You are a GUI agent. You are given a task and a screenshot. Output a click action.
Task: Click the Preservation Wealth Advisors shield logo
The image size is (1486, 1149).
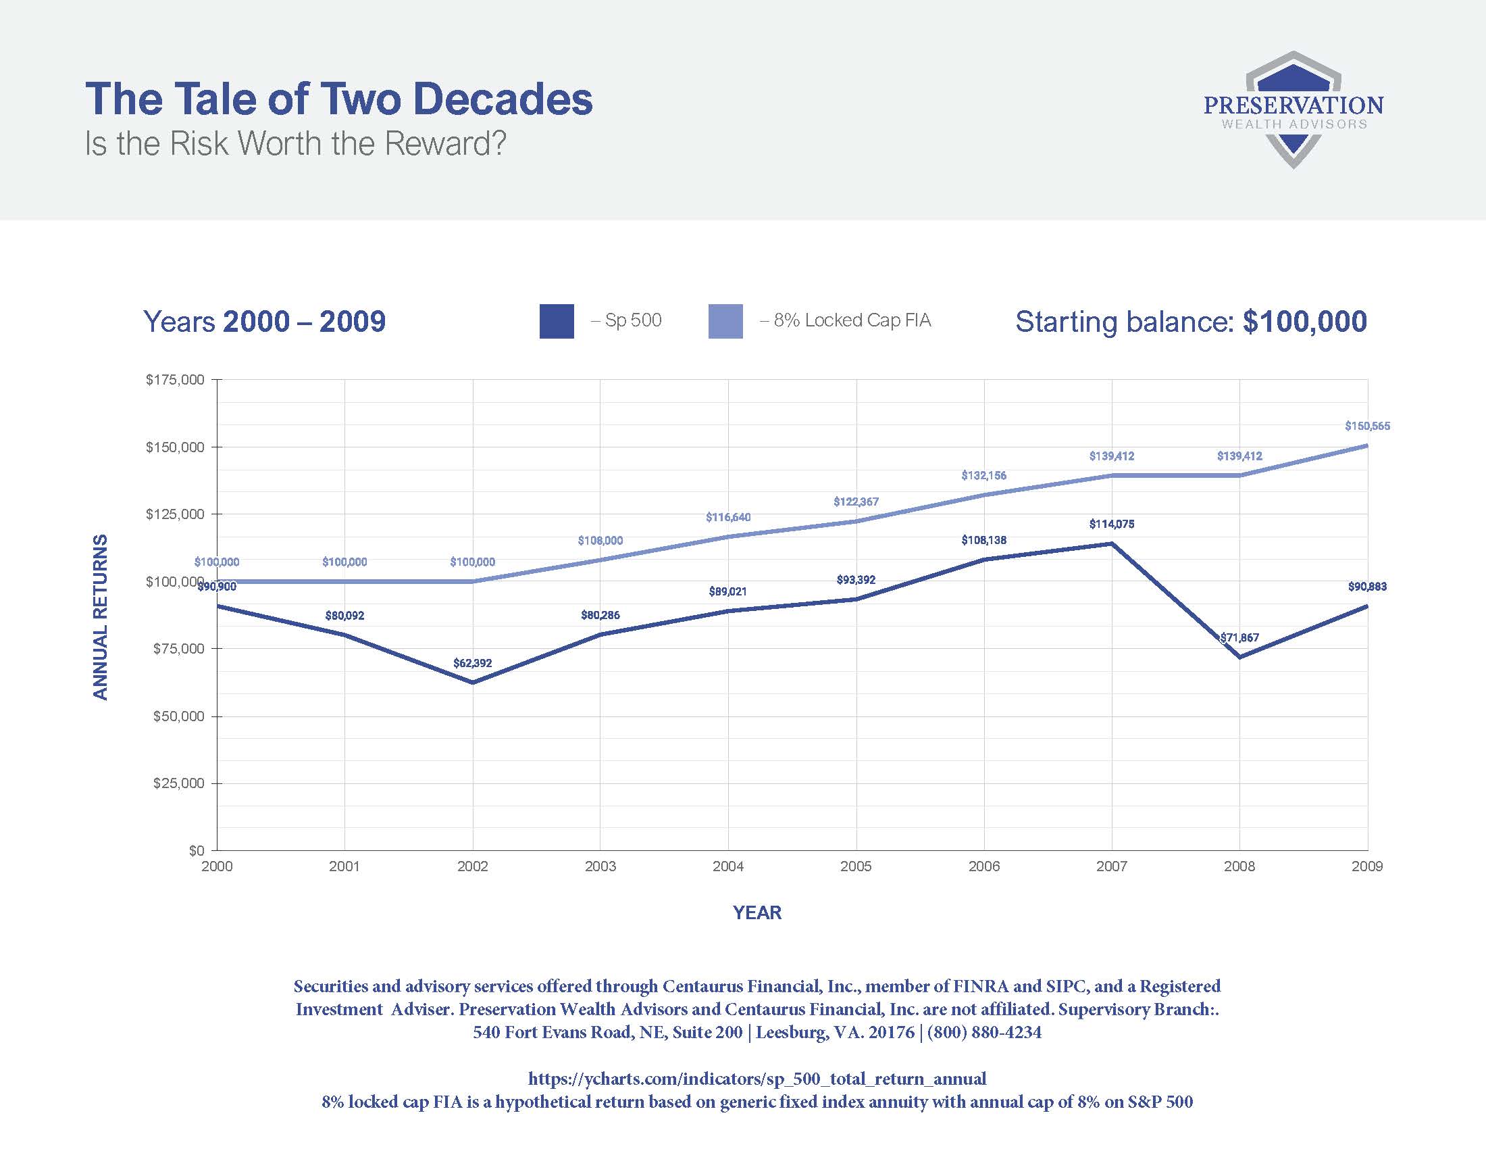click(x=1293, y=109)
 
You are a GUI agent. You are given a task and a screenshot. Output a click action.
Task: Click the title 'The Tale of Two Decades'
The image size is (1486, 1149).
click(x=339, y=99)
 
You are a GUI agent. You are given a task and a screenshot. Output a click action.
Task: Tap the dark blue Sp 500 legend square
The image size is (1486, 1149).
click(x=556, y=321)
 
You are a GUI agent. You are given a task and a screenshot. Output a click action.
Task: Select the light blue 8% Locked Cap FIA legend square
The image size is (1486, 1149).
click(x=725, y=321)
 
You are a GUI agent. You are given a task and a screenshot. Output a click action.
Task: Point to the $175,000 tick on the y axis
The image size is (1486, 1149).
click(x=175, y=380)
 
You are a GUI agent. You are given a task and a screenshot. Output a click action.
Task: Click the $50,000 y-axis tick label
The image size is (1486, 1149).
click(x=178, y=716)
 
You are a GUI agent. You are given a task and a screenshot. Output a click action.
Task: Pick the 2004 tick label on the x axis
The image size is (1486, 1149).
click(x=728, y=866)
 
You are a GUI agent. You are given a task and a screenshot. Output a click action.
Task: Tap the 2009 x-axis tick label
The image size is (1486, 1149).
click(x=1367, y=866)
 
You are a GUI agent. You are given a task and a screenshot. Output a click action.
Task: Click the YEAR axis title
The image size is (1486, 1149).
click(x=757, y=913)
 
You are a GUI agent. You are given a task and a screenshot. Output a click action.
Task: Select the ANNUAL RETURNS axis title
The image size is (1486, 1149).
click(x=101, y=616)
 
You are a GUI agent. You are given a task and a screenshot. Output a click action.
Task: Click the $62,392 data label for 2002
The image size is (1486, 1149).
click(x=472, y=663)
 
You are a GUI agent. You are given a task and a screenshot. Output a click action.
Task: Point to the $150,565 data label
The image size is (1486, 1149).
click(x=1367, y=426)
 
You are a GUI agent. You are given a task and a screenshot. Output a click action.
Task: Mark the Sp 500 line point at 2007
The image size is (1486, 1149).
click(x=1112, y=543)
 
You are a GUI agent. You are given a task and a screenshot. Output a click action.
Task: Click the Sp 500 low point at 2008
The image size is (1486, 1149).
click(x=1239, y=658)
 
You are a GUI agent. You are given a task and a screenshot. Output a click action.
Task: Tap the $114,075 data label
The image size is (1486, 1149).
click(x=1112, y=524)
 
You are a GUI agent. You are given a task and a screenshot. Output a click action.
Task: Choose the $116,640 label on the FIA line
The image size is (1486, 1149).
click(x=728, y=517)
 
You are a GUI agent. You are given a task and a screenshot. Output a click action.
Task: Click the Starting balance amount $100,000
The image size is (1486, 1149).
click(x=1304, y=321)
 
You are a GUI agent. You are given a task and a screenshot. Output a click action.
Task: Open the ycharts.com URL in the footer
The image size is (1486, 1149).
click(x=757, y=1079)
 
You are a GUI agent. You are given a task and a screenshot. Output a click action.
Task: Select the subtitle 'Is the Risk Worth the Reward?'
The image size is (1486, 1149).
click(x=295, y=143)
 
